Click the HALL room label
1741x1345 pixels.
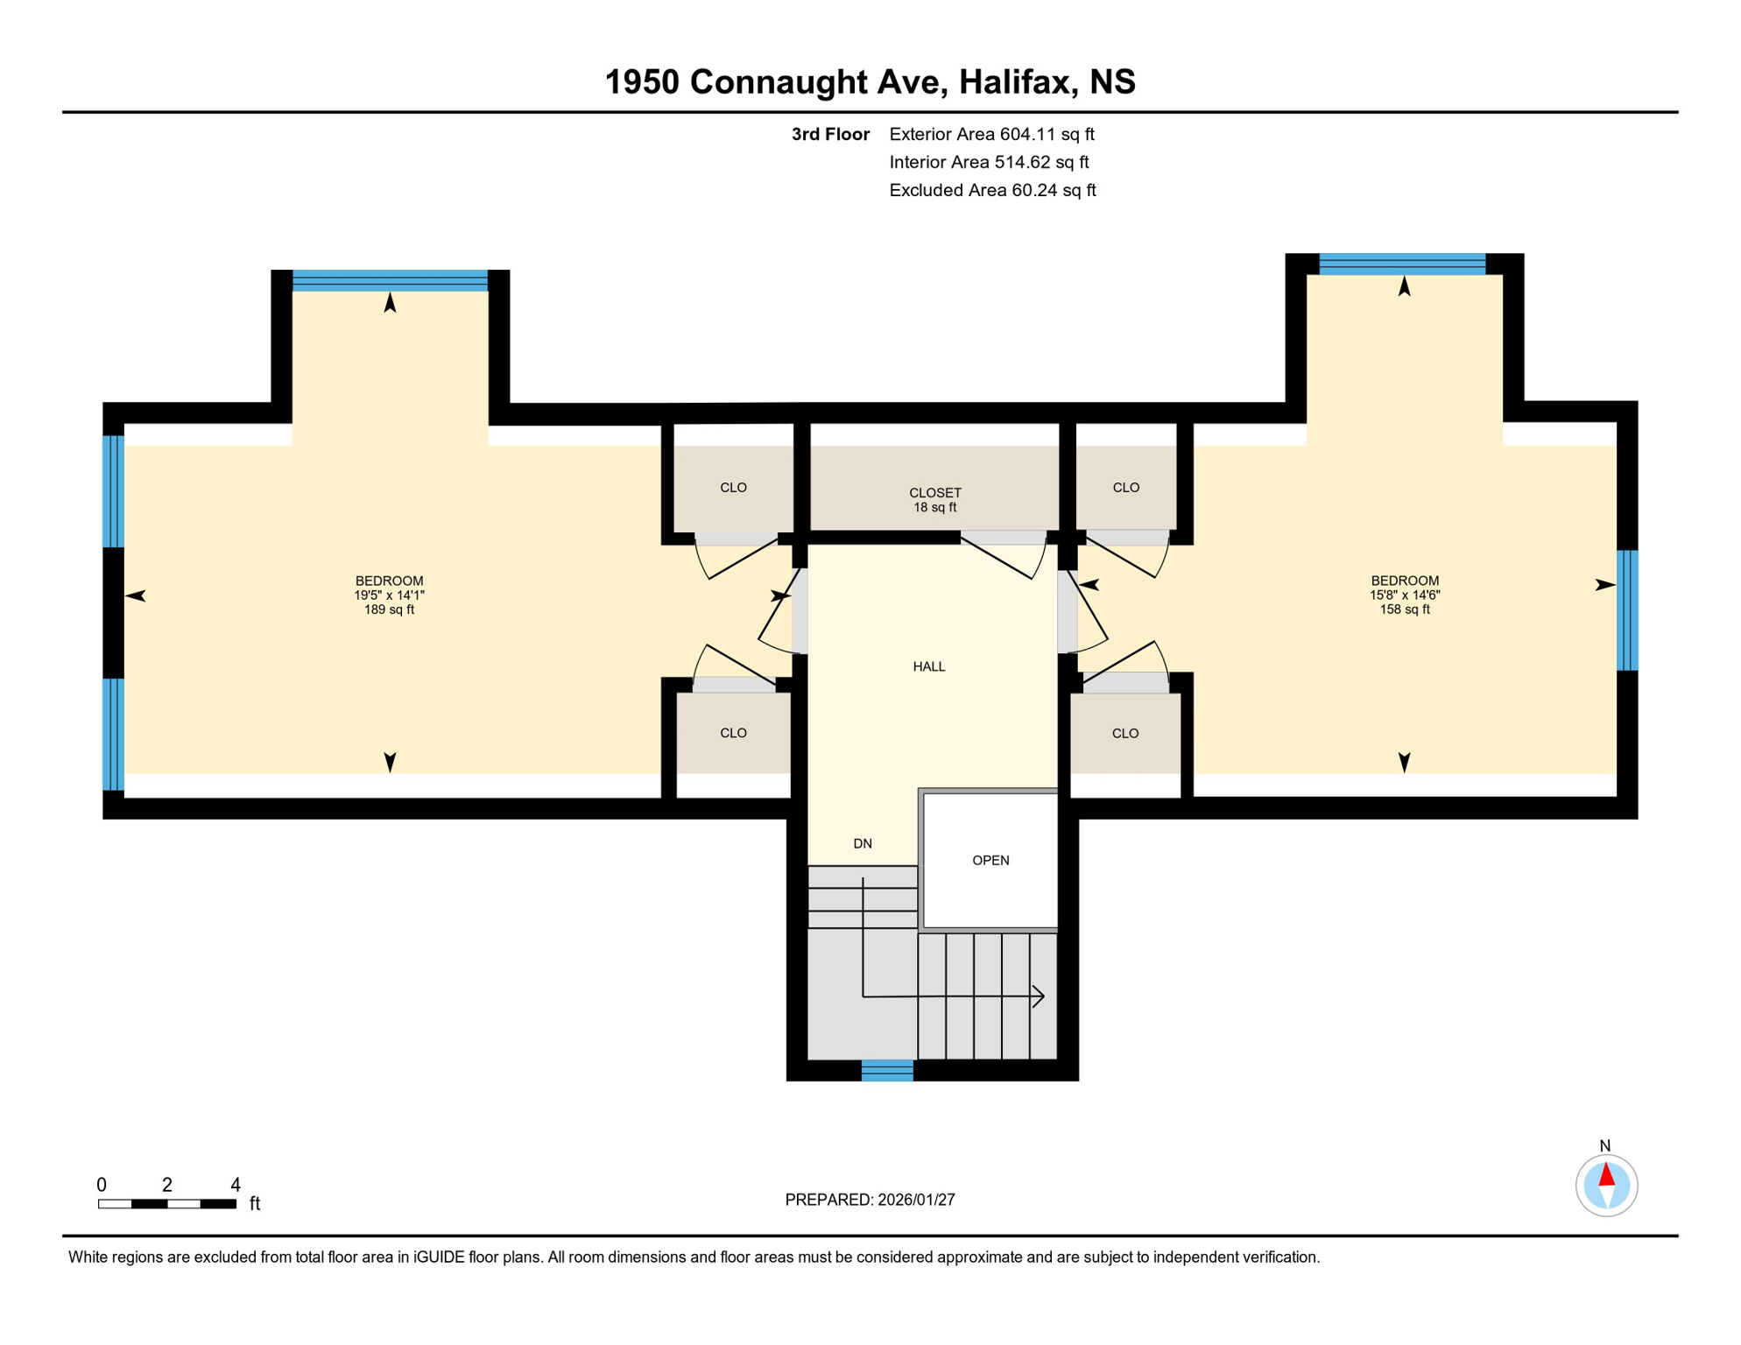tap(928, 666)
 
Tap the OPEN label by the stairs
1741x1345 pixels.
tap(990, 860)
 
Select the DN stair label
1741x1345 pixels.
tap(863, 843)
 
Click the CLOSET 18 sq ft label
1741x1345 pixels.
tap(934, 500)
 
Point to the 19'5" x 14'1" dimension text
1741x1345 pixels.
tap(389, 595)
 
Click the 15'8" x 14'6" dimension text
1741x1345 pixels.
tap(1404, 595)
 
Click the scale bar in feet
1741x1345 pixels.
tap(166, 1204)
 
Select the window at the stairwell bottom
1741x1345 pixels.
tap(887, 1070)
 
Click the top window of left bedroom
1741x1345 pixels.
tap(390, 280)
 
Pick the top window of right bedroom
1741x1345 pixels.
tap(1401, 264)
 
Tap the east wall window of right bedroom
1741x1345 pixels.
tap(1626, 609)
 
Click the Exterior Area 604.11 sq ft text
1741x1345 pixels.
tap(991, 134)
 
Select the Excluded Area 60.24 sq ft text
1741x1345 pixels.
tap(992, 190)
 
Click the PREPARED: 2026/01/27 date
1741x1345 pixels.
tap(870, 1200)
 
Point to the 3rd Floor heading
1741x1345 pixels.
tap(829, 134)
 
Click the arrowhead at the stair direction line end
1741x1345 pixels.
tap(1040, 996)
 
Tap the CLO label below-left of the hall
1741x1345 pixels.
tap(733, 733)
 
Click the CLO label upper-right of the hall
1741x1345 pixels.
tap(1125, 487)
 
